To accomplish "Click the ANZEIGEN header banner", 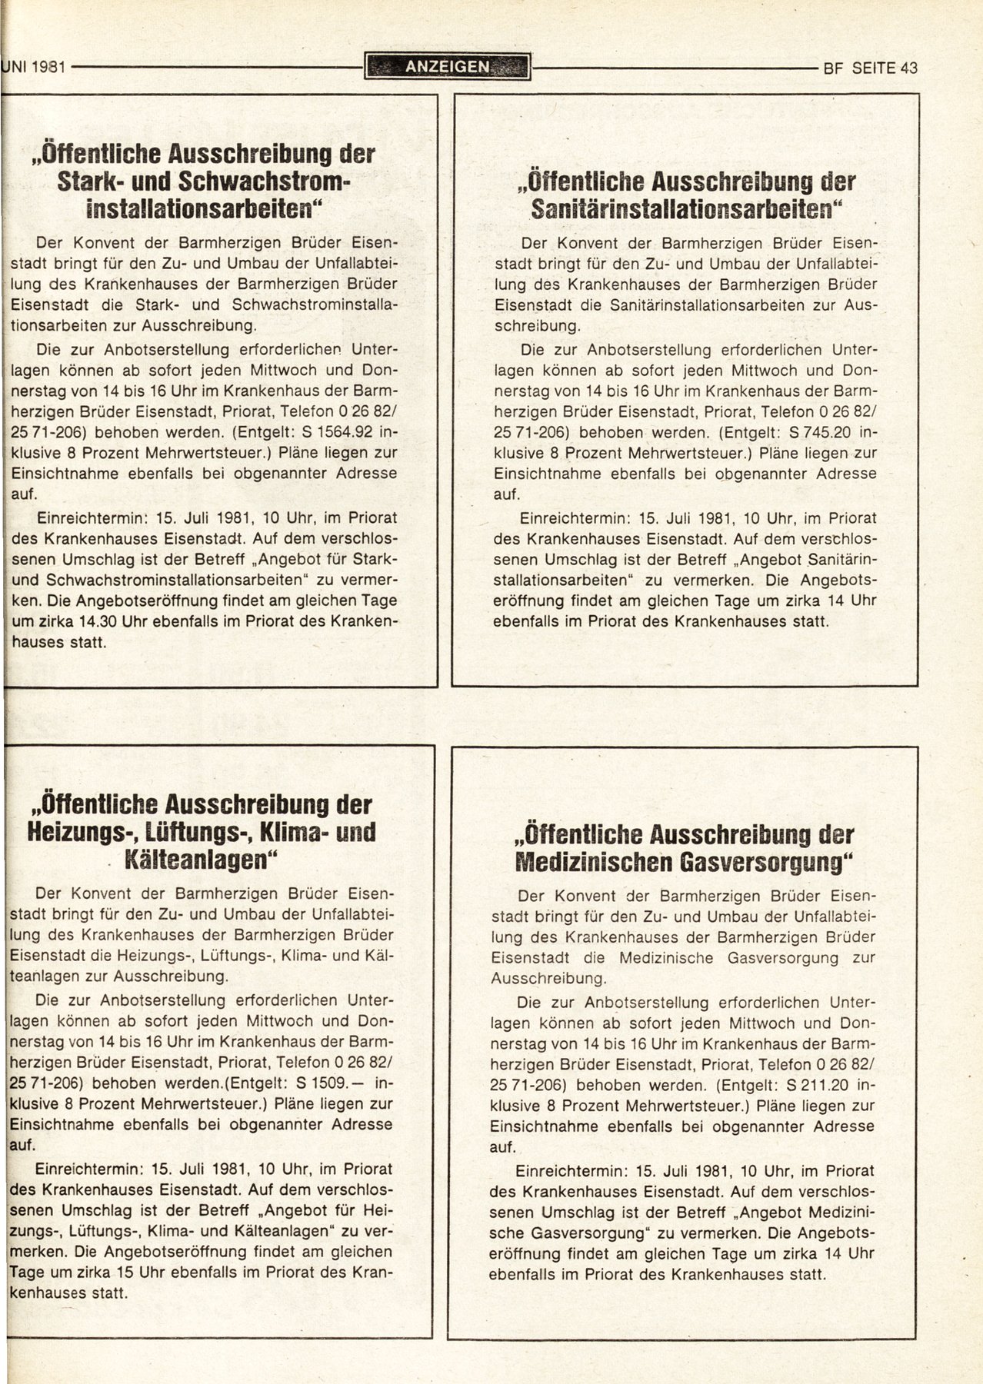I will click(x=448, y=67).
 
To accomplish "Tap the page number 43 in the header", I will click(x=908, y=68).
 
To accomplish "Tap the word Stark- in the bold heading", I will click(x=92, y=181).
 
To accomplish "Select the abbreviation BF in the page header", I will click(x=833, y=68).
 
